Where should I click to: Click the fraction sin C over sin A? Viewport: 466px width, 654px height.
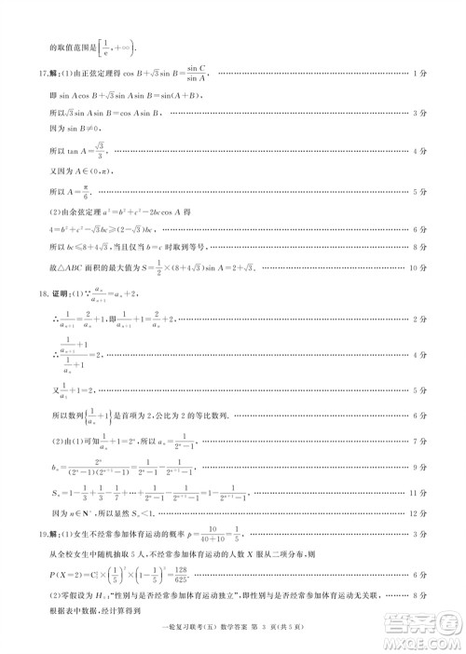(x=196, y=75)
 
